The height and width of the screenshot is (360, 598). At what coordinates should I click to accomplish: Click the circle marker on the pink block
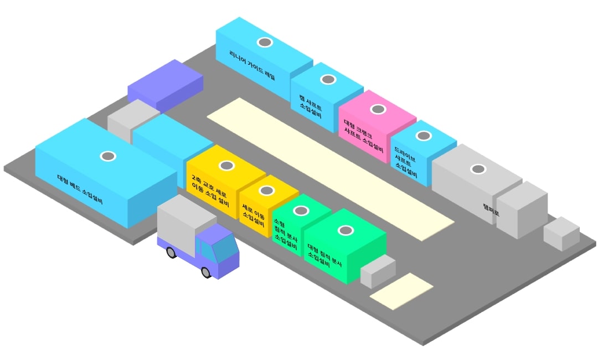pos(378,109)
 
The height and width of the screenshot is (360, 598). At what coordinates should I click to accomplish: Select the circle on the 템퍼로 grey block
pos(477,168)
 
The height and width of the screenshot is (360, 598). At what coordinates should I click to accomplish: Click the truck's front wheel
pos(206,272)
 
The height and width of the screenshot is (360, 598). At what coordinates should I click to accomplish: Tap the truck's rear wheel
pos(171,253)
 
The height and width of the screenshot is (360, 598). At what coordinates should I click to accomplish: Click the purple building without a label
pos(165,86)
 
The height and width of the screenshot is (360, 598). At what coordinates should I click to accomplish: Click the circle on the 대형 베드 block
pos(107,156)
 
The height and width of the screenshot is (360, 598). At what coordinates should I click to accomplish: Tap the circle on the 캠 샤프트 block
pos(328,80)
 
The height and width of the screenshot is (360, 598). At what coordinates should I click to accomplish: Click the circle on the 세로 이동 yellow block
pos(266,191)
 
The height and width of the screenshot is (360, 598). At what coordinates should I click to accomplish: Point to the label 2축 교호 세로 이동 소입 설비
pos(210,192)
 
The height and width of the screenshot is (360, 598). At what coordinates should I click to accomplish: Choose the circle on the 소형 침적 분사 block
pos(301,210)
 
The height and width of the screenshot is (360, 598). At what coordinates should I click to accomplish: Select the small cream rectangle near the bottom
pos(401,291)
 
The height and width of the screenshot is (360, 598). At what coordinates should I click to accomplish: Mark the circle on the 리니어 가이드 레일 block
pos(265,42)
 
